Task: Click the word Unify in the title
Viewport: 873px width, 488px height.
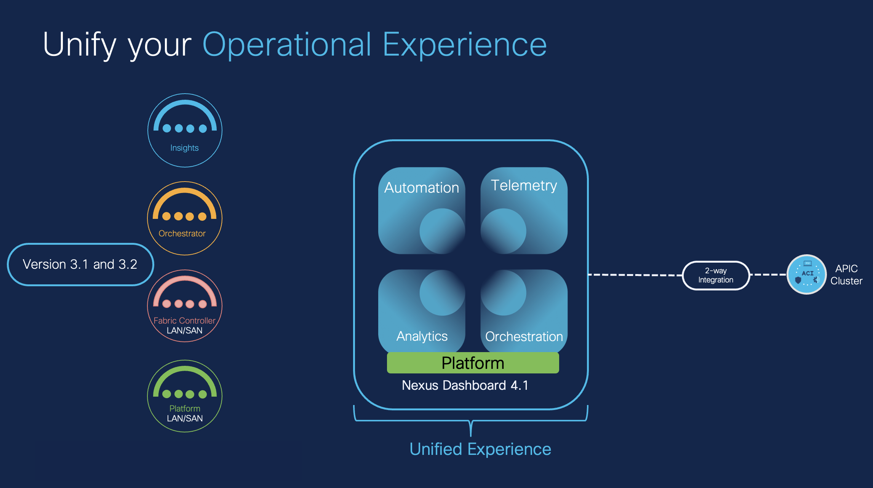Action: click(79, 45)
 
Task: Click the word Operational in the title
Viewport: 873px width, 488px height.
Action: click(286, 45)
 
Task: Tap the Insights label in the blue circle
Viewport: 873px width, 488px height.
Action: click(184, 148)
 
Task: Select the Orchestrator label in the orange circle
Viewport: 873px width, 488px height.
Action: click(182, 233)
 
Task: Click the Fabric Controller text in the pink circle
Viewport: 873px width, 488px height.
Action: click(184, 321)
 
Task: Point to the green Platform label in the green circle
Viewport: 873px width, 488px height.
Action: click(185, 408)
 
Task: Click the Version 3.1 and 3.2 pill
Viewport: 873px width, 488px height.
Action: click(80, 264)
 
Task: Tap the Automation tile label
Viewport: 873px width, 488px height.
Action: click(422, 188)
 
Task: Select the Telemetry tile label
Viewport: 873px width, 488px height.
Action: click(524, 185)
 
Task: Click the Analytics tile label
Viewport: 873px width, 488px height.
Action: click(422, 336)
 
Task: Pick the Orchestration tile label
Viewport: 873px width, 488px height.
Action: click(524, 336)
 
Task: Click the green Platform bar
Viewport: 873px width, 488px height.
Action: click(473, 363)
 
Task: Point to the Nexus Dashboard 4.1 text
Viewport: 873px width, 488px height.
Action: click(465, 385)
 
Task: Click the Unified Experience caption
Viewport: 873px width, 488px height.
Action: click(480, 449)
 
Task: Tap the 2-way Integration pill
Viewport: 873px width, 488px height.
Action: click(716, 275)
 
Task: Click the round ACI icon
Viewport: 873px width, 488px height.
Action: click(807, 274)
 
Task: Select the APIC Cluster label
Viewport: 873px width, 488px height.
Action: click(846, 274)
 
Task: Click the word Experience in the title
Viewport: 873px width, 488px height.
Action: click(465, 45)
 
